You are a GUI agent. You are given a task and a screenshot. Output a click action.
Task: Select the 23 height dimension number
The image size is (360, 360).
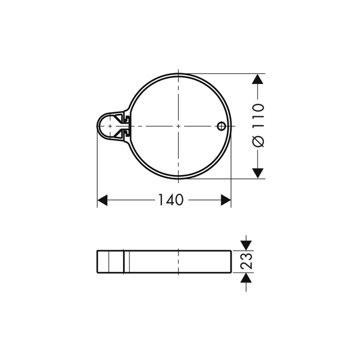[246, 262]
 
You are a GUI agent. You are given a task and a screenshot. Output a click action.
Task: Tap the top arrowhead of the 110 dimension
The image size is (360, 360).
[257, 79]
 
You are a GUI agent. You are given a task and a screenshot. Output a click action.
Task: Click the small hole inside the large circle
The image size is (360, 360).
[221, 126]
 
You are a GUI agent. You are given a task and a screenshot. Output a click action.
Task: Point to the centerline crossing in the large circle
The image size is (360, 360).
[179, 126]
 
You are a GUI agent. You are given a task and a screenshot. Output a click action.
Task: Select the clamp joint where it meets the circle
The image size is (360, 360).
[127, 126]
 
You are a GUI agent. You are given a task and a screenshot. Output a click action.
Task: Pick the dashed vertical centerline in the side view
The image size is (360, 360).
[179, 262]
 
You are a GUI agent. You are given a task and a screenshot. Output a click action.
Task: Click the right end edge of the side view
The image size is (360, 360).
[231, 262]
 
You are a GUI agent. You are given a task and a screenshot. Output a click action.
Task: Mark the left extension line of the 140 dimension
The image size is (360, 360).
[97, 174]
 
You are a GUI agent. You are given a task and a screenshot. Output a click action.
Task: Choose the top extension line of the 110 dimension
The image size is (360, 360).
[222, 74]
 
